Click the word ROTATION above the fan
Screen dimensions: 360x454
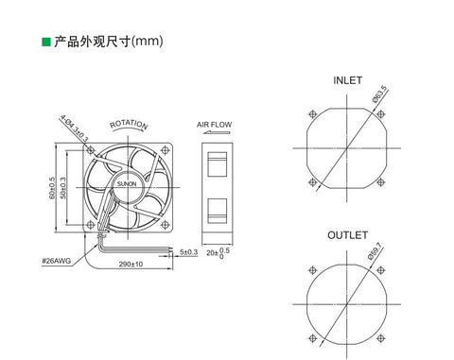[130, 125]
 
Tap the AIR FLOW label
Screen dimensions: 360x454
[215, 124]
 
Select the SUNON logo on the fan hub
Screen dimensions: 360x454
[128, 180]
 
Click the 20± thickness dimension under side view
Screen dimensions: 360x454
[214, 253]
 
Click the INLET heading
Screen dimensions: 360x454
[346, 81]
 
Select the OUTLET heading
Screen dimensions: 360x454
[346, 231]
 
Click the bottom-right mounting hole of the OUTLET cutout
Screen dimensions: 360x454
[382, 334]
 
